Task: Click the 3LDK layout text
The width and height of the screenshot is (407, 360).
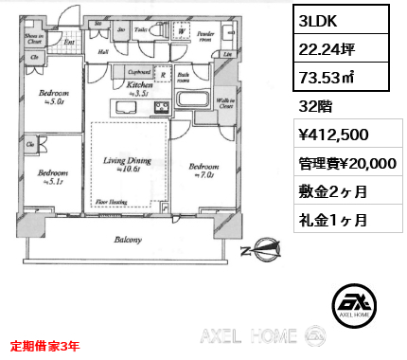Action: click(x=316, y=19)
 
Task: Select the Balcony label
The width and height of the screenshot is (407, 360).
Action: click(x=128, y=240)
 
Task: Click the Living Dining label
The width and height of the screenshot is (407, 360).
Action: click(x=129, y=162)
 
